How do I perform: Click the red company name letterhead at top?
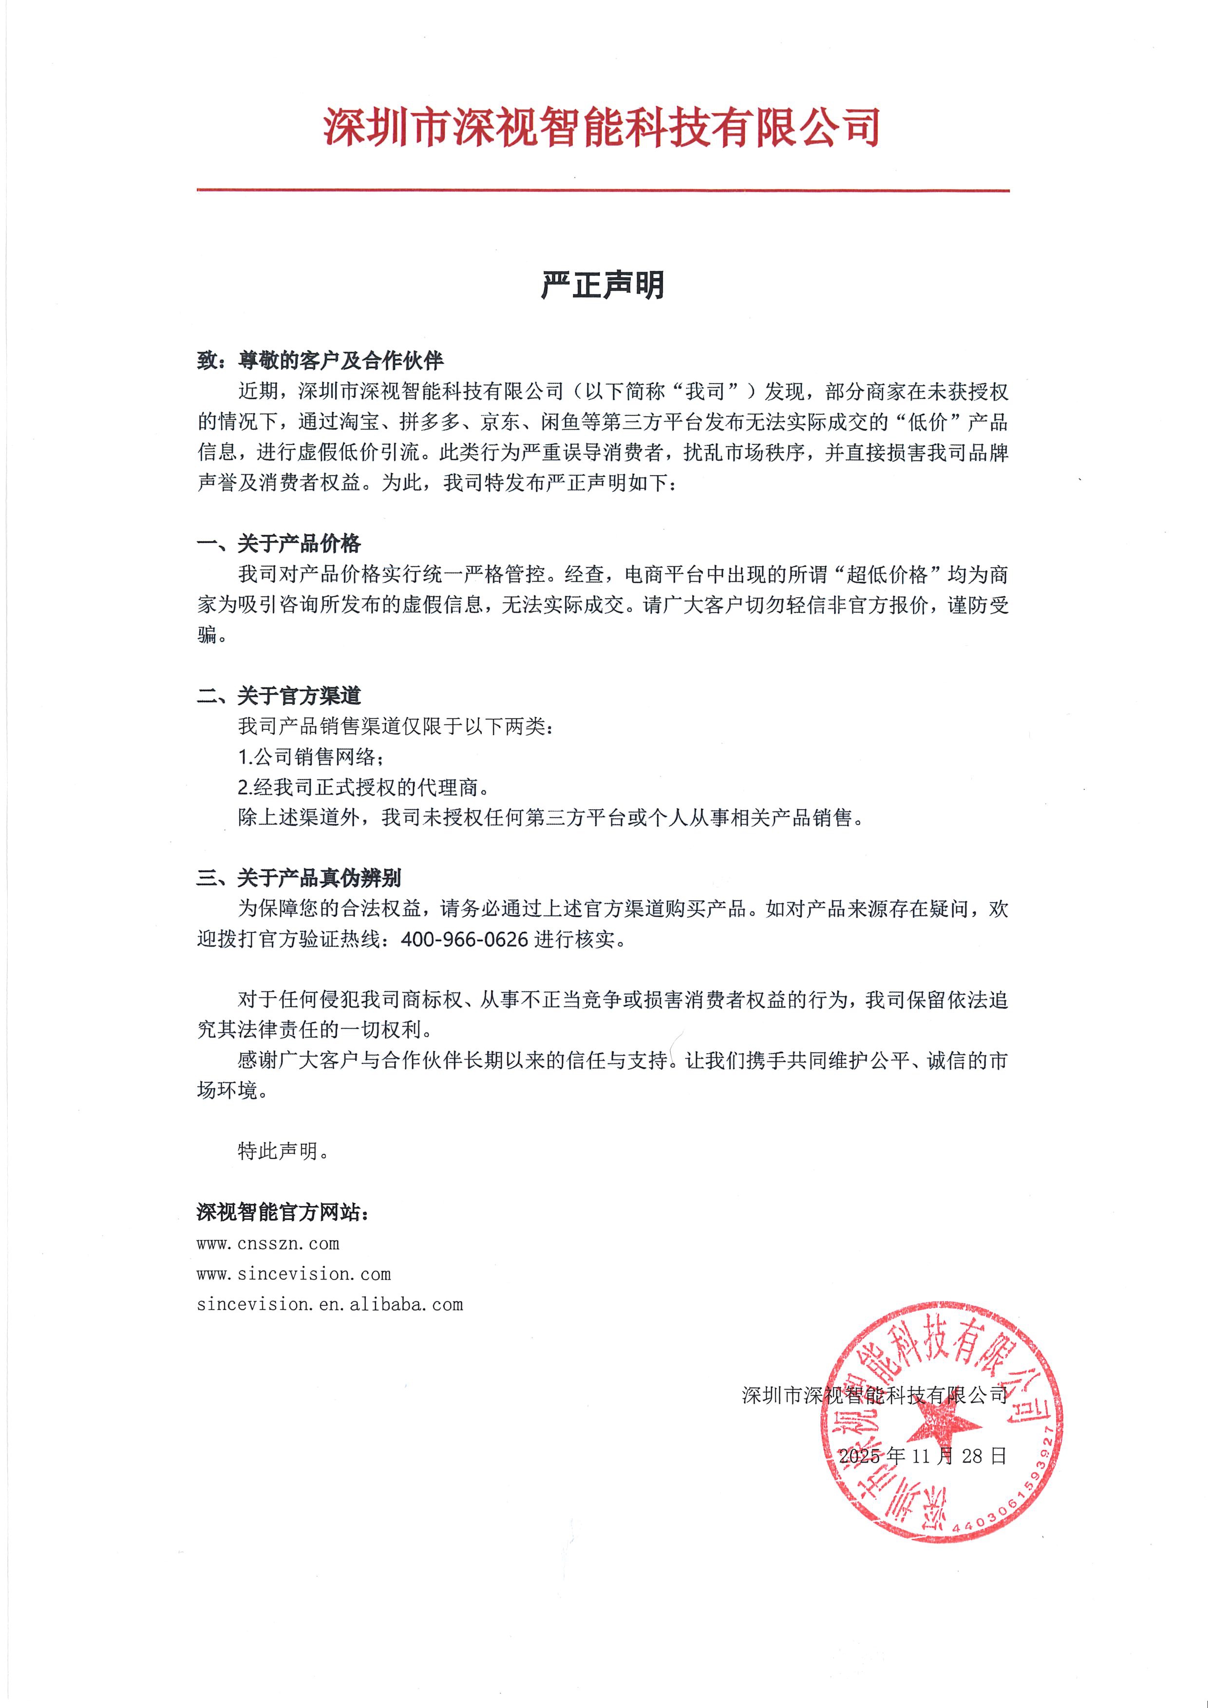pos(602,127)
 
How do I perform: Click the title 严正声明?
pos(603,285)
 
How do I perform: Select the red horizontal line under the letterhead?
pos(603,190)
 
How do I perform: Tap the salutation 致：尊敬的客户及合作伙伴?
pos(320,361)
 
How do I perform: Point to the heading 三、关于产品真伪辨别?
pos(299,878)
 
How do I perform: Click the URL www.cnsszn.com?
pos(268,1243)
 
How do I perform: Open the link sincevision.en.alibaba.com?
pos(330,1304)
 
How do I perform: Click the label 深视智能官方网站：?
pos(283,1212)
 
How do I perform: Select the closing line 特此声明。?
pos(283,1151)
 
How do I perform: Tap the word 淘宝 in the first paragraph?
pos(359,423)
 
